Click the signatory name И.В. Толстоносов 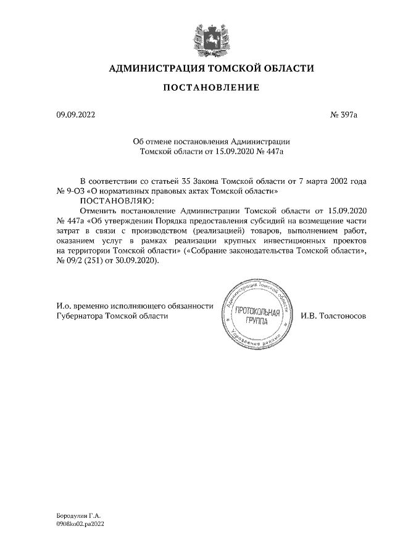pos(334,315)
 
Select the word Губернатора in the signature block pos(80,315)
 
